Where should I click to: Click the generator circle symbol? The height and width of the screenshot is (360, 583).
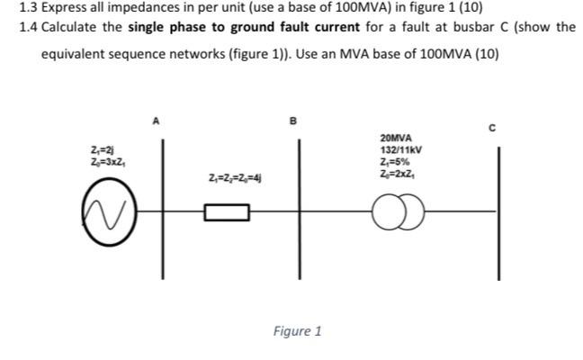(x=83, y=212)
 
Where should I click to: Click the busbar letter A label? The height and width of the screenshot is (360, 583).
(x=157, y=121)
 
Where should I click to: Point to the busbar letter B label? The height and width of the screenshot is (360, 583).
(x=293, y=121)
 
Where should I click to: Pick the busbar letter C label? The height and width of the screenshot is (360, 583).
(x=492, y=128)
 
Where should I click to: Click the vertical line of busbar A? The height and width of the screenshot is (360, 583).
(x=163, y=209)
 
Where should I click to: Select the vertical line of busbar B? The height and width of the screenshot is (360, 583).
(x=300, y=209)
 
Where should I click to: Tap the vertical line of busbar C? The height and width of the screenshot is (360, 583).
(x=499, y=213)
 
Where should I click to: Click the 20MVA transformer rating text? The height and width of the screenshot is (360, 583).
(x=396, y=139)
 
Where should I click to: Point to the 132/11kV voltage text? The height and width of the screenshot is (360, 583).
(x=401, y=150)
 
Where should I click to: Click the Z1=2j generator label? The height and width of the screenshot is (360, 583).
(x=103, y=150)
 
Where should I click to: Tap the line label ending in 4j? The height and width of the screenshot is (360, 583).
(x=235, y=178)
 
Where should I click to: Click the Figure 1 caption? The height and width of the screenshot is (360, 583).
(x=297, y=330)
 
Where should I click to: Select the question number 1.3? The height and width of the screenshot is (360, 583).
(x=28, y=7)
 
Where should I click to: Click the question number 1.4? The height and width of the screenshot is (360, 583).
(x=28, y=27)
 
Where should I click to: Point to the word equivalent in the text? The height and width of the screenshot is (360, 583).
(x=73, y=54)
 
